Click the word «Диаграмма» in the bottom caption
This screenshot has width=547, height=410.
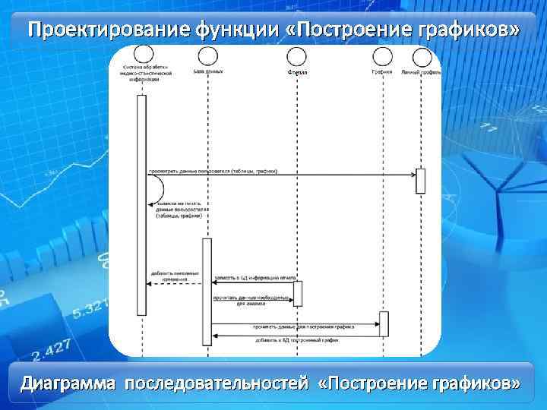coord(68,383)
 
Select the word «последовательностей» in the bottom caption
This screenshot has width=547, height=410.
coord(217,383)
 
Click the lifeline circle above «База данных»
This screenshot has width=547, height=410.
coord(207,55)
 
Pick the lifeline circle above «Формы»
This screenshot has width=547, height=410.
coord(297,55)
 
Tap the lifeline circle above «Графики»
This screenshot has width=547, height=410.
coord(383,55)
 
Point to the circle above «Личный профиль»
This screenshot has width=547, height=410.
coord(420,55)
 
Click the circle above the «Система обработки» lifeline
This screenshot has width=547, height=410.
coord(141,54)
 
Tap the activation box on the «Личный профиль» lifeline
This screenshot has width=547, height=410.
coord(420,181)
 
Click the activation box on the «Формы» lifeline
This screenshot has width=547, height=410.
coord(298,293)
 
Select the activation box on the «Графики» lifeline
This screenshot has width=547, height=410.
coord(384,323)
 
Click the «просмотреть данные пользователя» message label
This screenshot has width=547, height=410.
coord(213,171)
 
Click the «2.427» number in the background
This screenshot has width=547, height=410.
coord(52,350)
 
